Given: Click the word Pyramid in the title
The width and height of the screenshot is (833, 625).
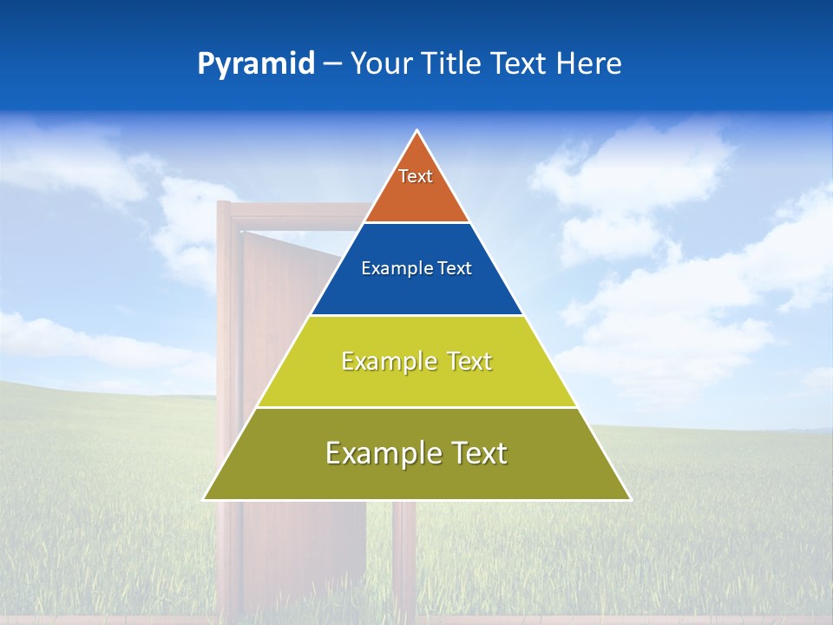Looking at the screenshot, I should (x=255, y=64).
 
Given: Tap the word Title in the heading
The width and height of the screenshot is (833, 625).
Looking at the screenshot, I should (x=452, y=64).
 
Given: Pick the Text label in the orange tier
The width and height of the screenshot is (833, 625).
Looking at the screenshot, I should (x=416, y=176).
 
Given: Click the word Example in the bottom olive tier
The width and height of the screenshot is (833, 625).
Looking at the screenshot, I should (x=378, y=453).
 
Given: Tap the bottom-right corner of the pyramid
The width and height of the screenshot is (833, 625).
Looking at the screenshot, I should (x=630, y=499).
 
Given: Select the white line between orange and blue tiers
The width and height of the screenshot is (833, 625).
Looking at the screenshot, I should (x=416, y=223).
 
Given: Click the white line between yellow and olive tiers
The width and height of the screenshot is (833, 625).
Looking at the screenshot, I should (x=416, y=407).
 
